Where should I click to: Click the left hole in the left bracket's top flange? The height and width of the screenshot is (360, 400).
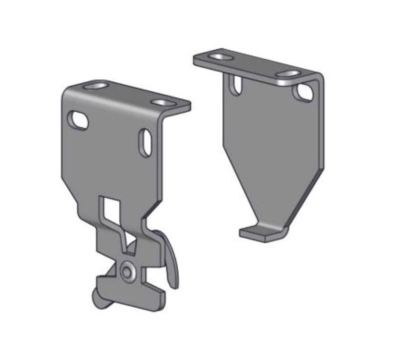point(96,86)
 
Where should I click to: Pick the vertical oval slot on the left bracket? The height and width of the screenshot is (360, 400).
point(145,143)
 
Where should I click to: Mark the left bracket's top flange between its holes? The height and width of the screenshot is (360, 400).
point(130,95)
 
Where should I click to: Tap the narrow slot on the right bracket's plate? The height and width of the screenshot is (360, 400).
point(236,84)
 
